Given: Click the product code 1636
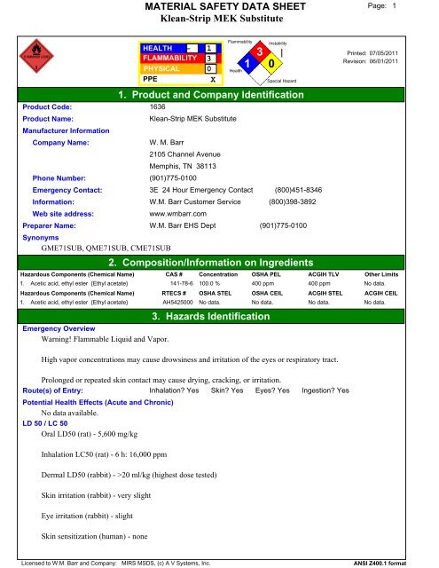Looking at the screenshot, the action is (x=158, y=106).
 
